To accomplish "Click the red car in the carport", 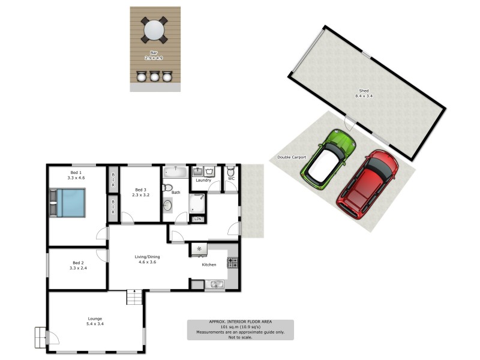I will pyautogui.click(x=368, y=185).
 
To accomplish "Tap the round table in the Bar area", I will pyautogui.click(x=155, y=29).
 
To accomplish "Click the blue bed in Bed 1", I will pyautogui.click(x=67, y=203).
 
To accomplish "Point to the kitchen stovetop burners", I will pyautogui.click(x=232, y=262).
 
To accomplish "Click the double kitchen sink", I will pyautogui.click(x=214, y=284).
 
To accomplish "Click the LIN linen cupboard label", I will pyautogui.click(x=197, y=219).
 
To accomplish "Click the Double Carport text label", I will pyautogui.click(x=292, y=157).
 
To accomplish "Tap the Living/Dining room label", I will pyautogui.click(x=147, y=259).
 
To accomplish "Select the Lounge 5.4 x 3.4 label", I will pyautogui.click(x=94, y=321).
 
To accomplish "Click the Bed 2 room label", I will pyautogui.click(x=78, y=265).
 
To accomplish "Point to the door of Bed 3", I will pyautogui.click(x=127, y=217).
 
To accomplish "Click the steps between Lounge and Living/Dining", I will pyautogui.click(x=135, y=296).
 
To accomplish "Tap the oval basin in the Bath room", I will pyautogui.click(x=167, y=206).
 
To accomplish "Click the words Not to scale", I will pyautogui.click(x=240, y=337).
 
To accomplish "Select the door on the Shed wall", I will pyautogui.click(x=349, y=124).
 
